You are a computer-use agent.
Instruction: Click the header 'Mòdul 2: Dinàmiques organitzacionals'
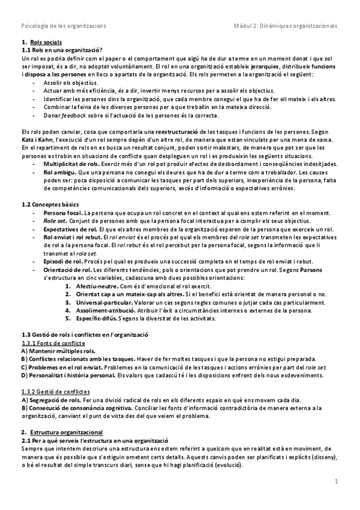pyautogui.click(x=285, y=26)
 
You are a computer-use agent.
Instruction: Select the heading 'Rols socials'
pyautogui.click(x=45, y=43)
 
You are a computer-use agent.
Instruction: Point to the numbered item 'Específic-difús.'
pyautogui.click(x=96, y=318)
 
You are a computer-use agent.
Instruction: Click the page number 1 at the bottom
pyautogui.click(x=337, y=481)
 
